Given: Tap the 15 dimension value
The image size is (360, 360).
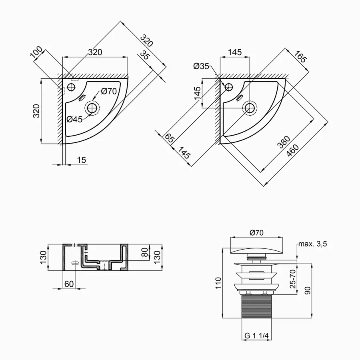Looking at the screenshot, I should point(81,160).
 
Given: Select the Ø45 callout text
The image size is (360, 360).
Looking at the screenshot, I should point(74,119).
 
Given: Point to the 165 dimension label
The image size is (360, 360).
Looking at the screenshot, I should point(301,57).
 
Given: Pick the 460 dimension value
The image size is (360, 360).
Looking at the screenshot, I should point(292,151).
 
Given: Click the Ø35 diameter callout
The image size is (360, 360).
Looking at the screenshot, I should point(201,66).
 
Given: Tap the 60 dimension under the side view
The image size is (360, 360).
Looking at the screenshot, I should point(69,284).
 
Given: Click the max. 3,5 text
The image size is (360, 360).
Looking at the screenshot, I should point(312,244).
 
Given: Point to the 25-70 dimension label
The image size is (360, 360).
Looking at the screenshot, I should point(292,279).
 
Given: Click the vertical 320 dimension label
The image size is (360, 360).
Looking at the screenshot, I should point(36,111).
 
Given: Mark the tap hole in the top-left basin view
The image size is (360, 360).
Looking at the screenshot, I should point(71,87).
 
